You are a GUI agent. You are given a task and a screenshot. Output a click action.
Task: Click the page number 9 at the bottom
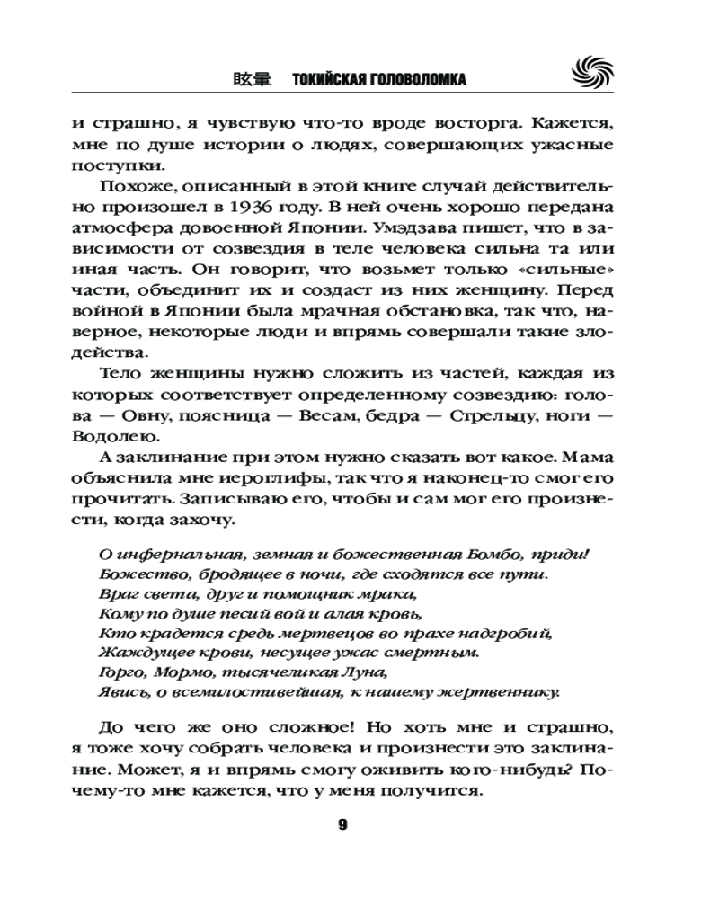tap(342, 825)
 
